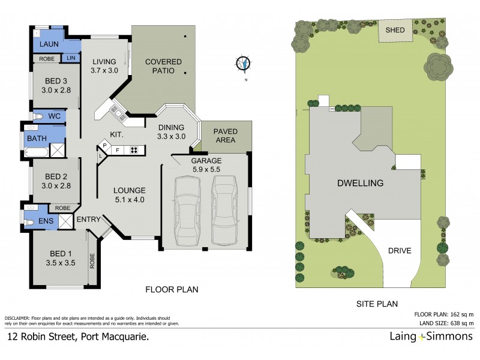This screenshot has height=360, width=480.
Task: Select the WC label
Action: click(x=54, y=115)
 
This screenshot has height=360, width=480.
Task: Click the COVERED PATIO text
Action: click(x=159, y=65)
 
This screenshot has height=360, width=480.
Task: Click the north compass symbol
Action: click(x=244, y=63)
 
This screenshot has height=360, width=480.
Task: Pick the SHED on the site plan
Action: click(x=394, y=30)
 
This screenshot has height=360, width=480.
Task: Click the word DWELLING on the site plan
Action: click(x=360, y=182)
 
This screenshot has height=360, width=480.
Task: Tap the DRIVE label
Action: click(x=400, y=251)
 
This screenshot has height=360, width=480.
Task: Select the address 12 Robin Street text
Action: click(x=78, y=337)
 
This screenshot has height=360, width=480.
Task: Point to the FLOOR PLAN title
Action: click(x=172, y=290)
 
